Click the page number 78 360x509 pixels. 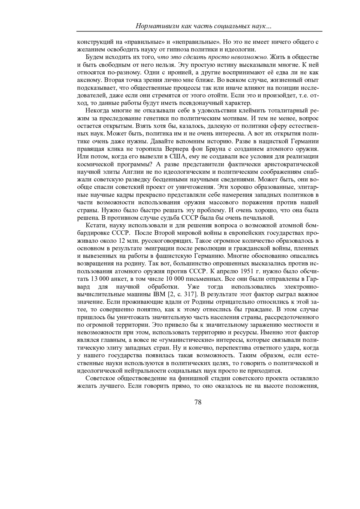click(x=198, y=403)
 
